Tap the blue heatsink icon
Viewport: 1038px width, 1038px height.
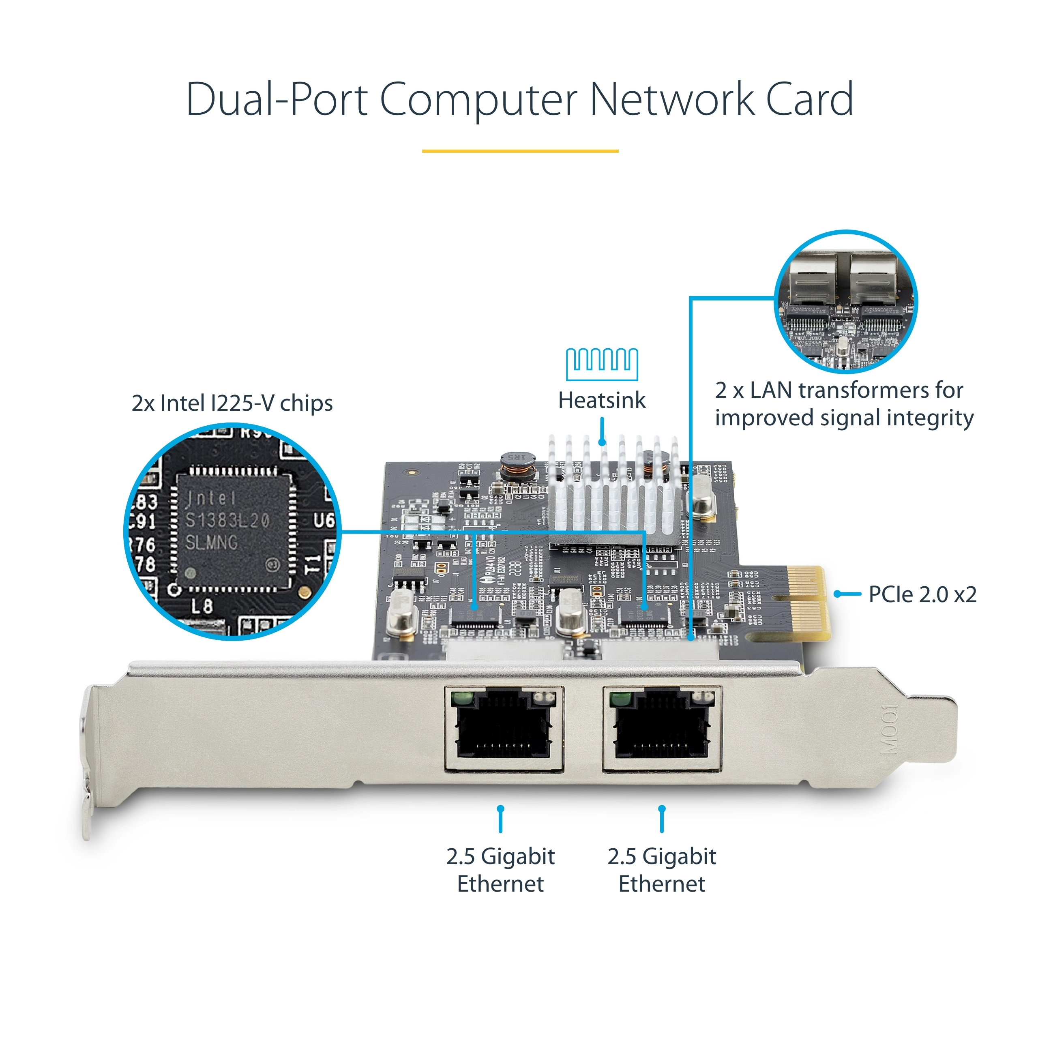(x=602, y=363)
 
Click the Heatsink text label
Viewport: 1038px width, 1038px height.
(x=602, y=400)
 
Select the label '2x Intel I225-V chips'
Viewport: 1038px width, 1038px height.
(x=232, y=403)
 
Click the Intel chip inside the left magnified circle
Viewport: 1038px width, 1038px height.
(x=232, y=529)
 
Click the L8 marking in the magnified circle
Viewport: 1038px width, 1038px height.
(x=202, y=606)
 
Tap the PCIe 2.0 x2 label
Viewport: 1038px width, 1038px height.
(x=922, y=594)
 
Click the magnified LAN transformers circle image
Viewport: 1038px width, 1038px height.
(x=845, y=302)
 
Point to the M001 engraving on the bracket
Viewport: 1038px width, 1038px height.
(x=889, y=729)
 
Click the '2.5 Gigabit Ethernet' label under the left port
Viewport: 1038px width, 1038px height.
(x=500, y=871)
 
